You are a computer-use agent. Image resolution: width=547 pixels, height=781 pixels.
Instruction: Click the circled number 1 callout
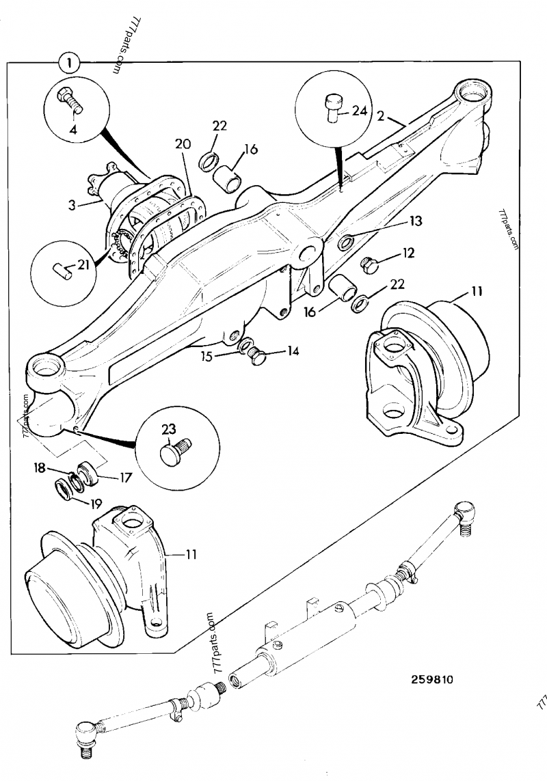pos(69,64)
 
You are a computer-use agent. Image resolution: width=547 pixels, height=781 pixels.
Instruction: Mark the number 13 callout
pos(416,221)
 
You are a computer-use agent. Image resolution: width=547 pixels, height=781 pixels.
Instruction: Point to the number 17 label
pos(124,478)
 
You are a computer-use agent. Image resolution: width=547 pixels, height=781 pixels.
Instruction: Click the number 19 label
pos(94,504)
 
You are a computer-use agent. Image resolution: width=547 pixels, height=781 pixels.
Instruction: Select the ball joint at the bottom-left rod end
pos(85,735)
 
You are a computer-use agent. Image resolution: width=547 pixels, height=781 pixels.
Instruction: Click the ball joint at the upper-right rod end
pos(465,510)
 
